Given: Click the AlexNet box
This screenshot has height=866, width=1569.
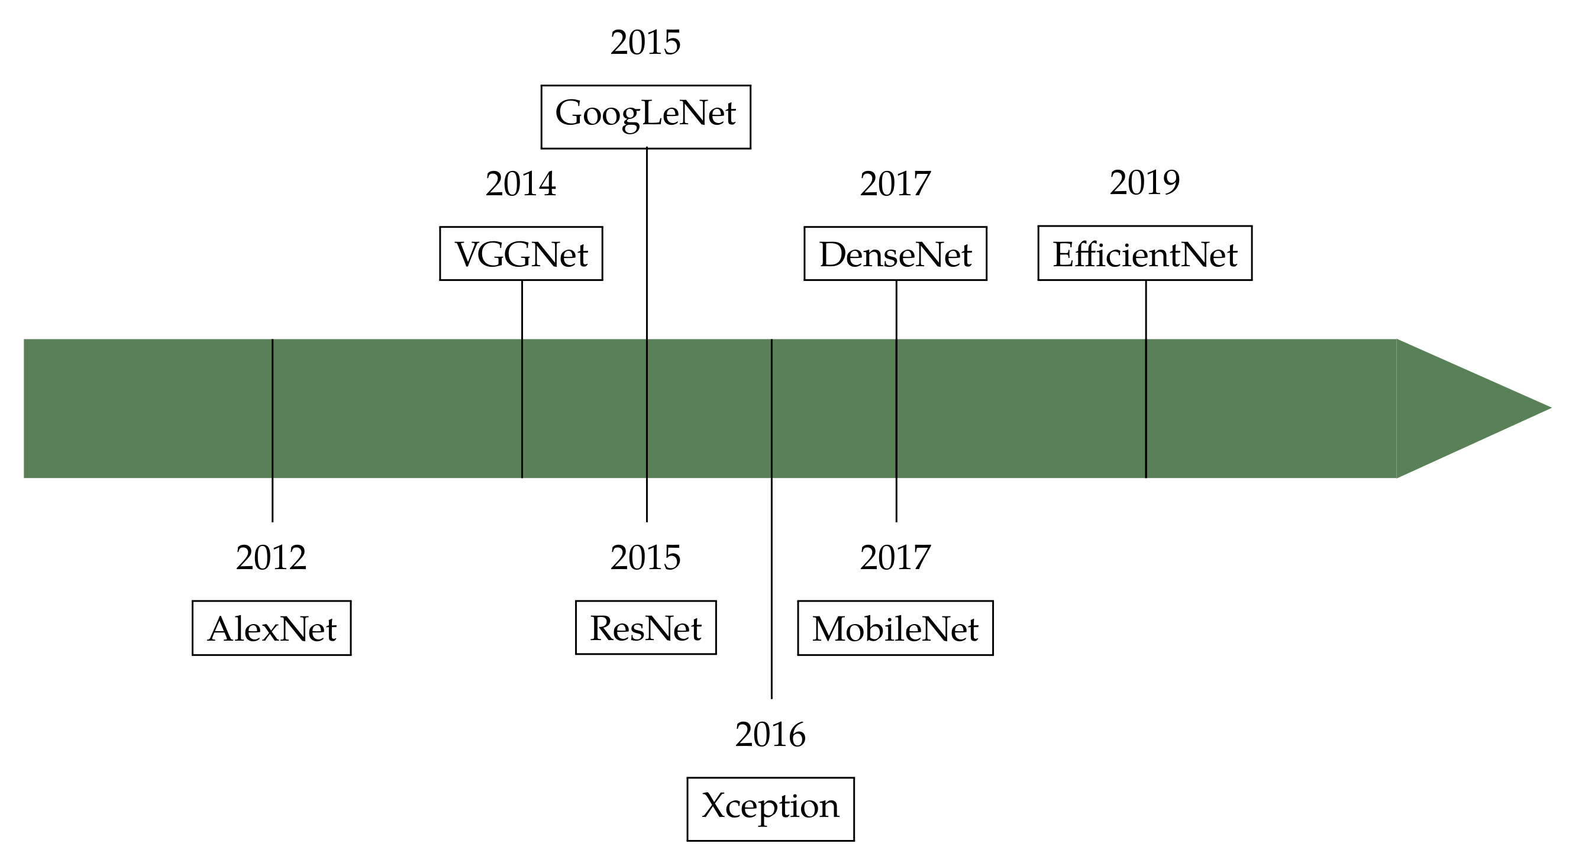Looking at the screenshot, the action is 272,628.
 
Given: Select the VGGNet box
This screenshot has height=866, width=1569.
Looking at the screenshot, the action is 521,253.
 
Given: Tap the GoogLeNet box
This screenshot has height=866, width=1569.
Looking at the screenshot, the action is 645,117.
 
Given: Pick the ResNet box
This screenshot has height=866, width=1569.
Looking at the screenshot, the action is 645,627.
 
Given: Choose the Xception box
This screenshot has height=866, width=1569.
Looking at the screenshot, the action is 770,809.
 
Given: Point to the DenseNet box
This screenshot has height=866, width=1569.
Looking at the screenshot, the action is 895,253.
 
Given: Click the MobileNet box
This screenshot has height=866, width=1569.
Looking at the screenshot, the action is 895,628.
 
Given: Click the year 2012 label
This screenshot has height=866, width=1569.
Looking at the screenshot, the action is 271,557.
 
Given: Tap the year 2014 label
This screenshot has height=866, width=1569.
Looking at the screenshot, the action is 521,183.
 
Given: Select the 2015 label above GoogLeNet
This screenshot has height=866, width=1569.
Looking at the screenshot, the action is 645,42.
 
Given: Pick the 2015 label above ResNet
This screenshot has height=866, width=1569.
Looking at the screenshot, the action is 645,557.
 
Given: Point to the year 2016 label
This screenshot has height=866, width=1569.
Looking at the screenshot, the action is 770,735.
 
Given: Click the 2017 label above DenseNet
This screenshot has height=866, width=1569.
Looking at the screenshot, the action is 895,183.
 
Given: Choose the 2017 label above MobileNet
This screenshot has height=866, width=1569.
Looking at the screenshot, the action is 895,557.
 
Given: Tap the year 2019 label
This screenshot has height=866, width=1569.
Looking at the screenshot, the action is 1145,182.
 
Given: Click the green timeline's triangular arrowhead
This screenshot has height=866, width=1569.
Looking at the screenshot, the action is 1462,408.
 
